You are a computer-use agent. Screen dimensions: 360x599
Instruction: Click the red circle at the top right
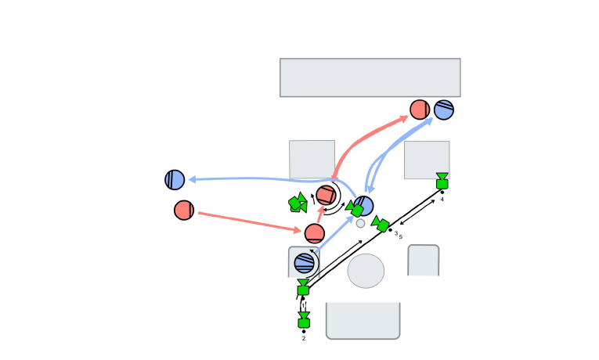click(x=420, y=110)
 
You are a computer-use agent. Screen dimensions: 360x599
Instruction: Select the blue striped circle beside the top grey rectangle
click(x=444, y=110)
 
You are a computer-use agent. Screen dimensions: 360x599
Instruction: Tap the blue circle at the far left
click(x=175, y=180)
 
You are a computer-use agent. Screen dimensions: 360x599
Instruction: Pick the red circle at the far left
click(x=184, y=210)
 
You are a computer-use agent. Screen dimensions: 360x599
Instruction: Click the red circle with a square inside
click(x=326, y=195)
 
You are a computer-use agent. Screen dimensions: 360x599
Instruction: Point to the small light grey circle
click(x=360, y=223)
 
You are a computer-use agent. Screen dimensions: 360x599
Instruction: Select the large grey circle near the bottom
click(x=366, y=271)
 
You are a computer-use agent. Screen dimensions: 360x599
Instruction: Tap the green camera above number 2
click(x=304, y=321)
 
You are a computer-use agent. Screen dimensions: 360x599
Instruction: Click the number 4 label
click(x=442, y=200)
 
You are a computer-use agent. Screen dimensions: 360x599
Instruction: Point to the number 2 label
click(x=304, y=339)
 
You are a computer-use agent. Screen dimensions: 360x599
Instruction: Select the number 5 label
click(x=401, y=236)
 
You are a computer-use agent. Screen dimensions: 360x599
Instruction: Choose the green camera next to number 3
click(x=381, y=225)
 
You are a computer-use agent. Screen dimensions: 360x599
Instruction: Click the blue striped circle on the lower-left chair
click(x=305, y=263)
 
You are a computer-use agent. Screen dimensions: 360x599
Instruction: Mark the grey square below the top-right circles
click(x=427, y=160)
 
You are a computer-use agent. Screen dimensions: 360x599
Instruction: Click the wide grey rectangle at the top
click(x=370, y=77)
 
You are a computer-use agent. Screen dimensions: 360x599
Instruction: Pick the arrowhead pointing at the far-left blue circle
click(x=190, y=179)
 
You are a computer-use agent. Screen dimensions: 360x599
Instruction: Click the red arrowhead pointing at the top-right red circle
click(x=405, y=117)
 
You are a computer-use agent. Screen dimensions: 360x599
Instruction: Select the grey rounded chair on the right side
click(x=423, y=261)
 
